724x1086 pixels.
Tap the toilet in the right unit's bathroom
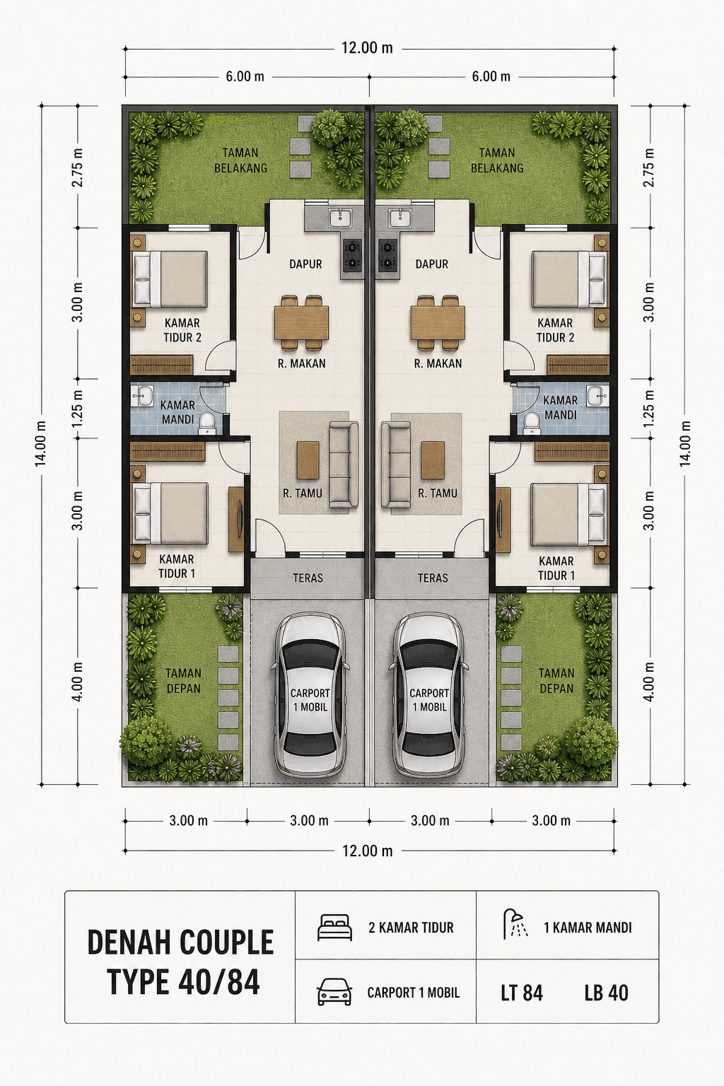[532, 422]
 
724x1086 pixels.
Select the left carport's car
[310, 694]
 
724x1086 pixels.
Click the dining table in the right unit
[438, 322]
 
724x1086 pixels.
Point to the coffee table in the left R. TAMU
[308, 460]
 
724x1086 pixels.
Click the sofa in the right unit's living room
[396, 465]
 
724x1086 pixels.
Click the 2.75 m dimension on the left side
[78, 168]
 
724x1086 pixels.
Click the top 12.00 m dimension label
[367, 48]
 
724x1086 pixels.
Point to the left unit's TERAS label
[308, 578]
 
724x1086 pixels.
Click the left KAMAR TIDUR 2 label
[182, 330]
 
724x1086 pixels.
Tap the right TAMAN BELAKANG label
[497, 160]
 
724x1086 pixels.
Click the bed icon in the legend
[334, 928]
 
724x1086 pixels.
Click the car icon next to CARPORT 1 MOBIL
[334, 992]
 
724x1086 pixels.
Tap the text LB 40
[606, 993]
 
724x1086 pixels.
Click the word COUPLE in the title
[226, 943]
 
